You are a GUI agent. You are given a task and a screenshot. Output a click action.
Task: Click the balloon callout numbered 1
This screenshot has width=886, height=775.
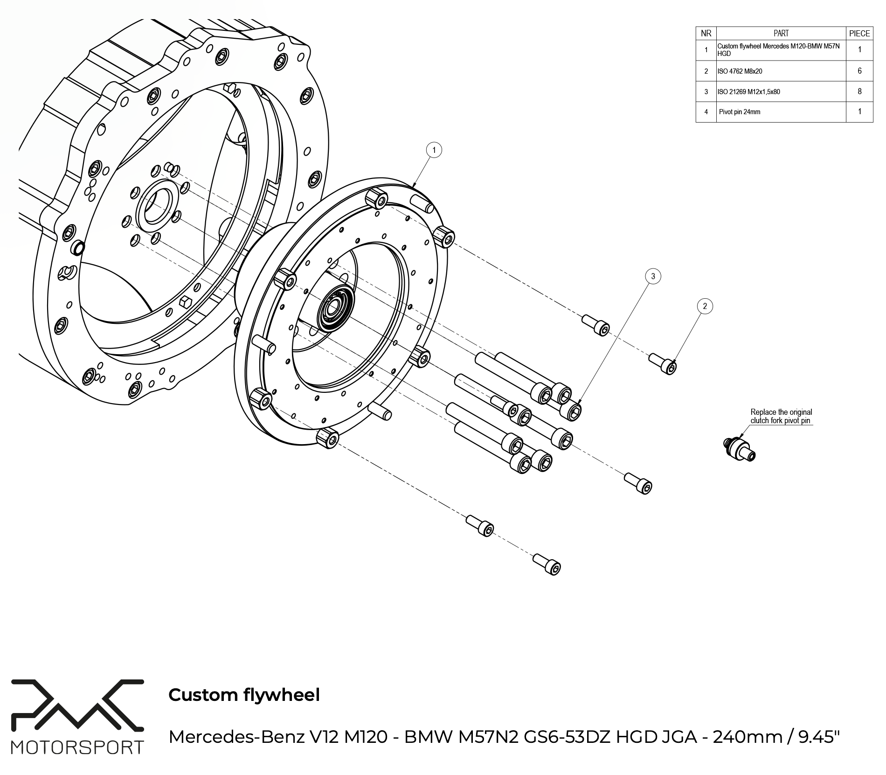point(434,150)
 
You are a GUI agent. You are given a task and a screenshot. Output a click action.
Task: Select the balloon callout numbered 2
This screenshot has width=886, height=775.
point(705,306)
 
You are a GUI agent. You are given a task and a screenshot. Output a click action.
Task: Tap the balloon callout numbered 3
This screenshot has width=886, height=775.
point(653,276)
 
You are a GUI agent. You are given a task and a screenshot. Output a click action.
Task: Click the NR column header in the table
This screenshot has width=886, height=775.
point(706,33)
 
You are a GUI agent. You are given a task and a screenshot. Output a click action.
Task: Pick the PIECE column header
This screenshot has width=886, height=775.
point(859,33)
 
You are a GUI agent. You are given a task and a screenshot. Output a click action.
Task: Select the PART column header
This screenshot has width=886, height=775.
point(781,33)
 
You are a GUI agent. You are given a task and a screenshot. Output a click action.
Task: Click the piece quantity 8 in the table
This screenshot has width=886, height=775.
point(859,91)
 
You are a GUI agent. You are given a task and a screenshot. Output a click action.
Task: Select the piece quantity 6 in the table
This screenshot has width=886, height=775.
point(859,71)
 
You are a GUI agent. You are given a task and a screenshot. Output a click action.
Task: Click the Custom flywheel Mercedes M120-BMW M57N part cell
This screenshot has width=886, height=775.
point(781,50)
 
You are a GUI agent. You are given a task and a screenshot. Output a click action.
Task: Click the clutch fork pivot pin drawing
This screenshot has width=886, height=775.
point(740,449)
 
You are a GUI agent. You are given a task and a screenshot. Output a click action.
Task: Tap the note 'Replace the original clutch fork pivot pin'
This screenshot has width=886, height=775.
point(781,416)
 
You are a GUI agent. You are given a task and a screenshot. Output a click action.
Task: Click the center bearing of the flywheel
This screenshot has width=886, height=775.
point(335,308)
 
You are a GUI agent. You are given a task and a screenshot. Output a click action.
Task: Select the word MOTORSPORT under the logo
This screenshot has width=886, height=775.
point(77,747)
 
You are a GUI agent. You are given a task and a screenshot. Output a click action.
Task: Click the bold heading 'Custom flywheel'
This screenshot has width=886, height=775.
point(244,695)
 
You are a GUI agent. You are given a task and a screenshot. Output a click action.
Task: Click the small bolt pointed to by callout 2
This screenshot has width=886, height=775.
point(664,363)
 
